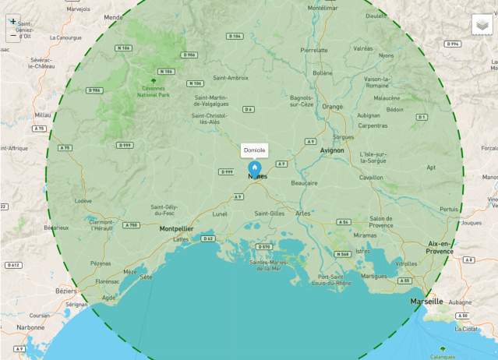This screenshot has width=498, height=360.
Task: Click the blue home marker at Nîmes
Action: click(x=254, y=168)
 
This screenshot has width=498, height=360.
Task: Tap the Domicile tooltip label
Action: click(x=255, y=150)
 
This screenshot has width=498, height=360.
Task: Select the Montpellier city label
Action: click(x=176, y=229)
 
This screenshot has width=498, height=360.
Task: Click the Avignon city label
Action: click(x=332, y=150)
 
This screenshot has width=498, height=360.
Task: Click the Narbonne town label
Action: click(x=32, y=328)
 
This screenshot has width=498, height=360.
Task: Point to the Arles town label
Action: click(x=303, y=213)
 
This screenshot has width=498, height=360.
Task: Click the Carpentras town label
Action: click(x=373, y=125)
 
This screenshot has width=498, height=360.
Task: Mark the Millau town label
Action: click(x=43, y=115)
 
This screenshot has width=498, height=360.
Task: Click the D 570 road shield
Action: click(x=265, y=246)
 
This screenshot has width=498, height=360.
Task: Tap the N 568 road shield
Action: click(x=342, y=254)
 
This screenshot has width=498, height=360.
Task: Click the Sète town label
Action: click(x=147, y=277)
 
